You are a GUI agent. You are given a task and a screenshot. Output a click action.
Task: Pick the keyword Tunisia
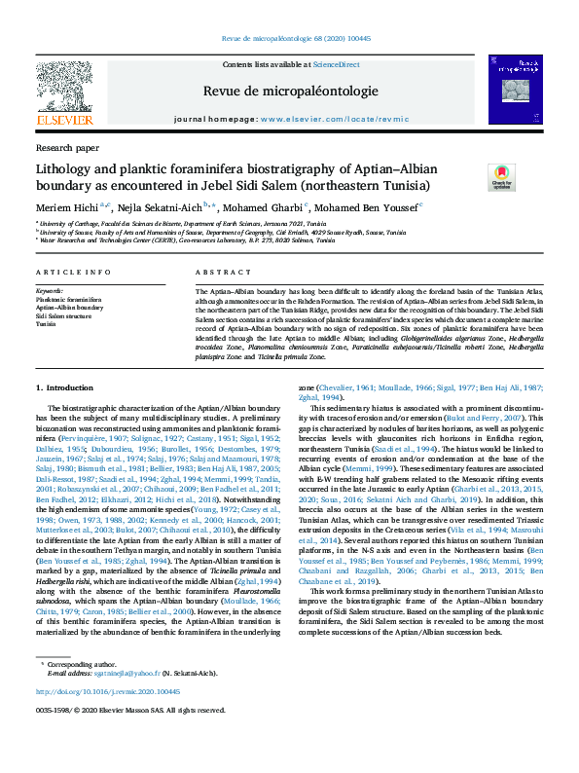[x=47, y=323]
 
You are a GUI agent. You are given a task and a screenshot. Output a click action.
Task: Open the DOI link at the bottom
[x=108, y=691]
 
